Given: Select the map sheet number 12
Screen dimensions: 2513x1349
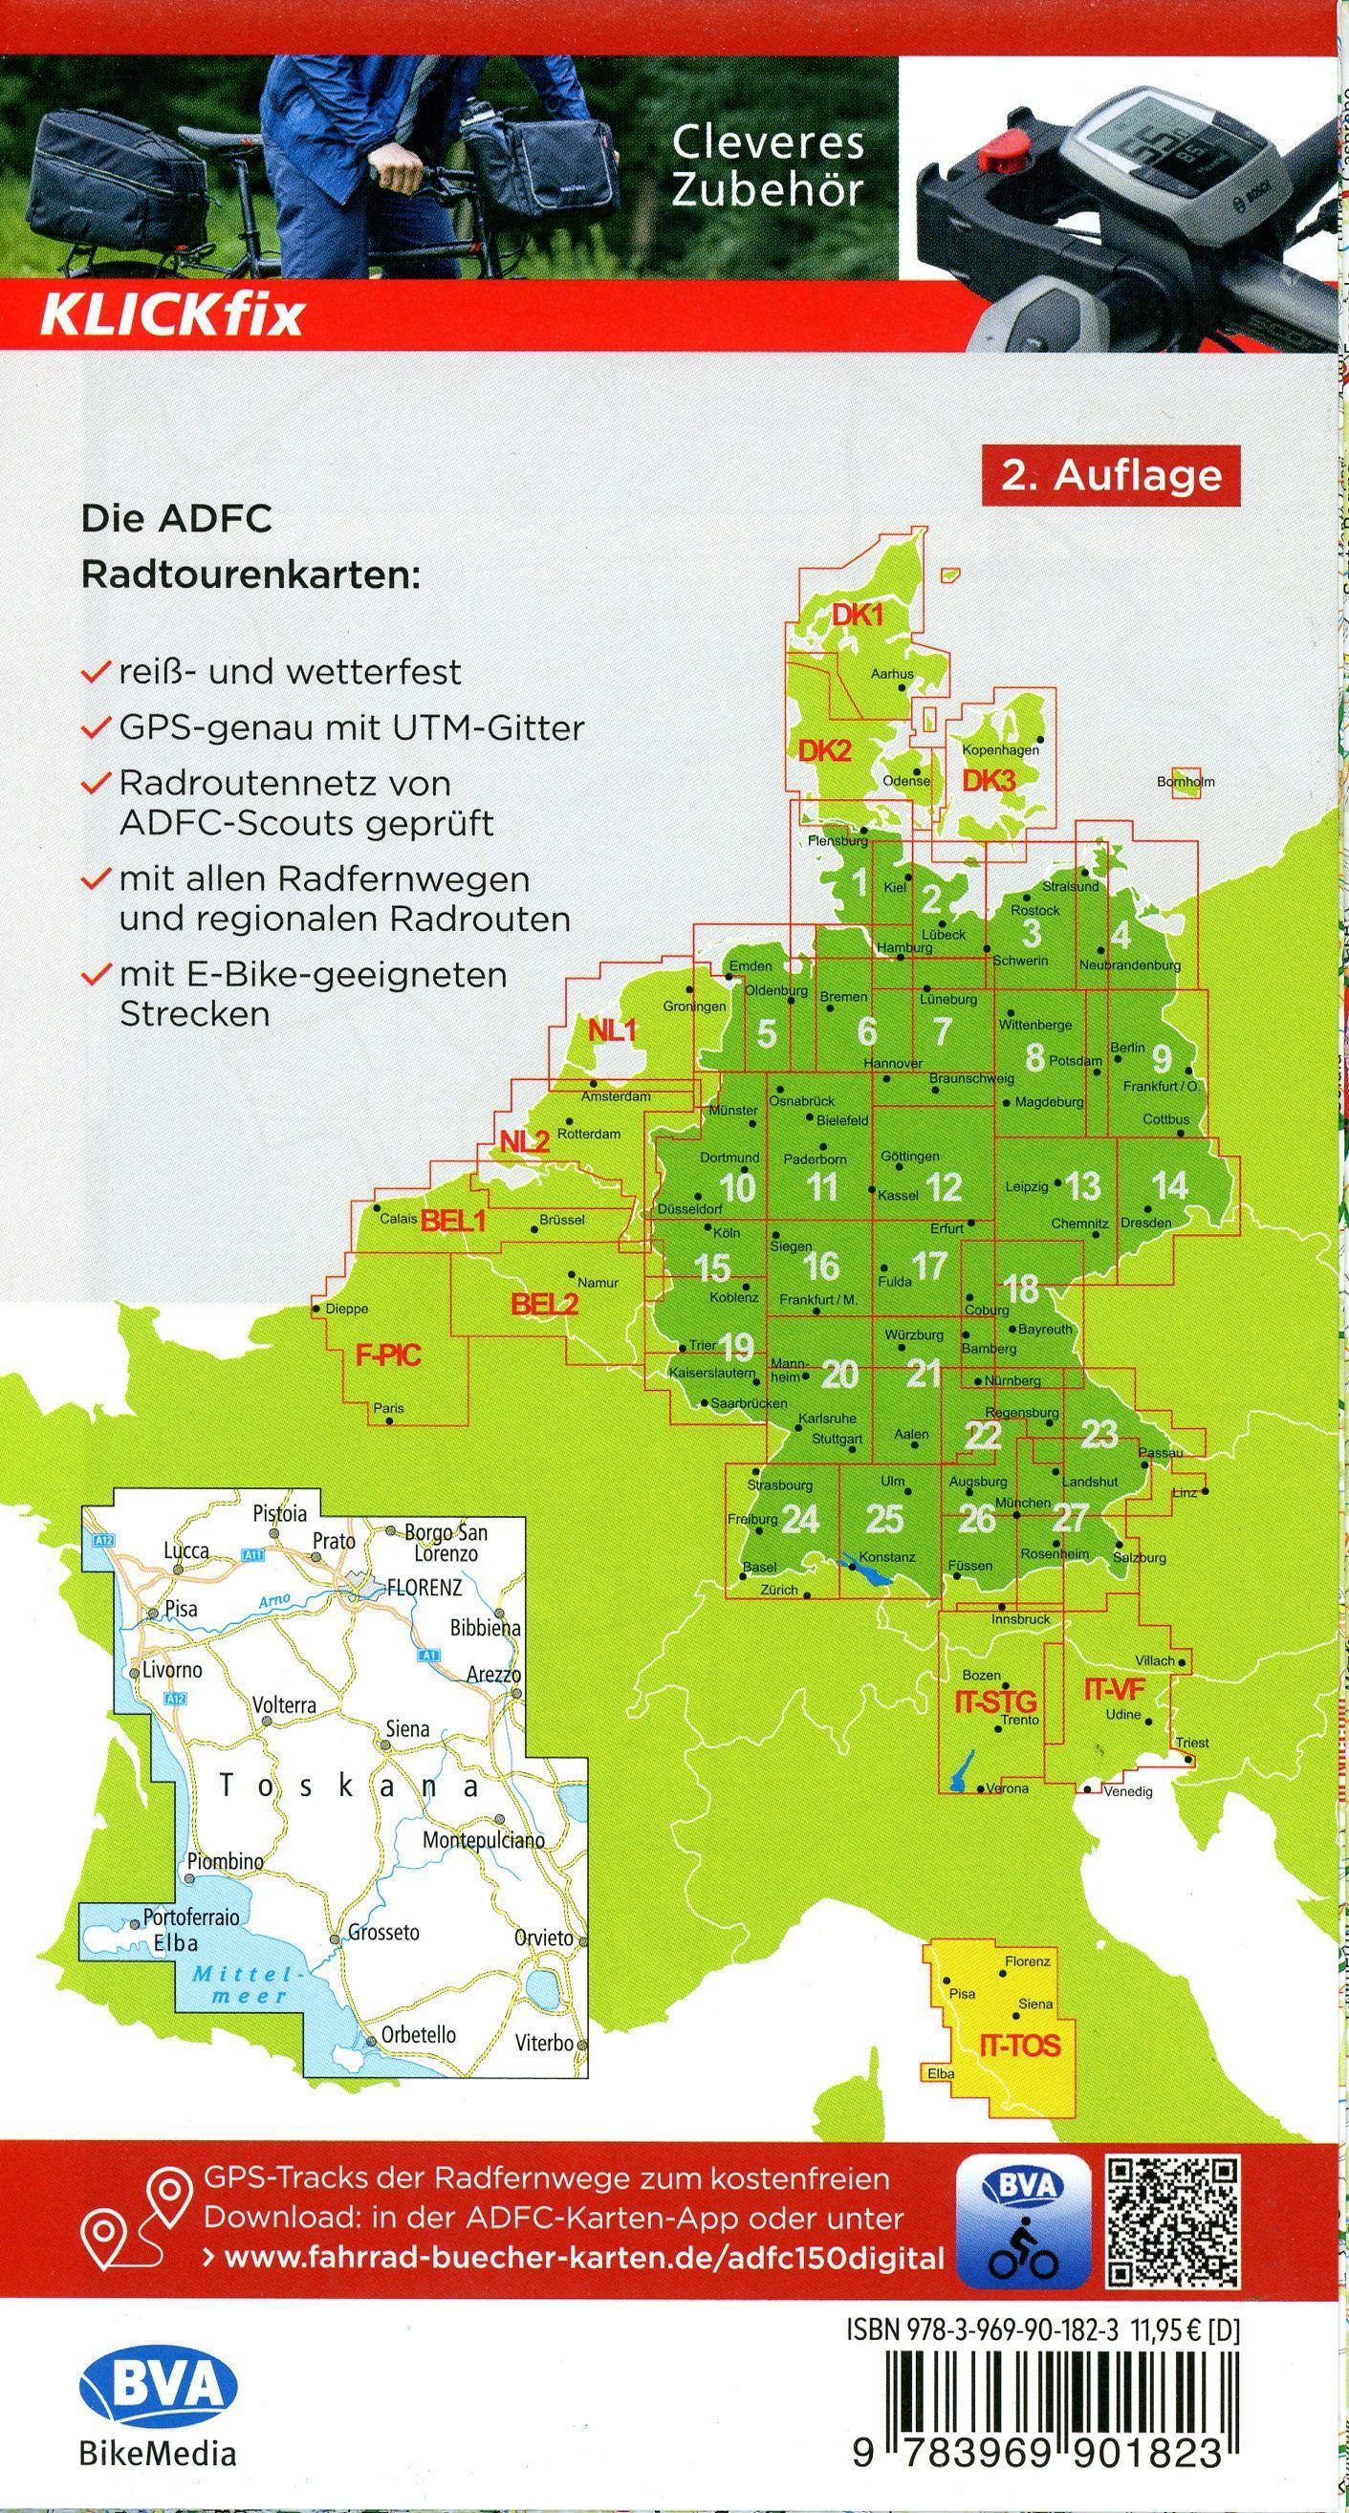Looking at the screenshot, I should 944,1187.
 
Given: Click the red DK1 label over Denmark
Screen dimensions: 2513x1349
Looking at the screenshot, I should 857,616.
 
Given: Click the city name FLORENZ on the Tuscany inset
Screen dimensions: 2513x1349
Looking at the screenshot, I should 424,1587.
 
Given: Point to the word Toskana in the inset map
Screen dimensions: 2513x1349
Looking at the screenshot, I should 350,1787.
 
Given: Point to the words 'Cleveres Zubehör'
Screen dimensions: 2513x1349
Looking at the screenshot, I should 768,165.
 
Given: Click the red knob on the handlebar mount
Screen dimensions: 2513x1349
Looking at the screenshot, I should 1000,153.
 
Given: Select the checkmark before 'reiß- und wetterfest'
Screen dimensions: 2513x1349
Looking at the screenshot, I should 95,673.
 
